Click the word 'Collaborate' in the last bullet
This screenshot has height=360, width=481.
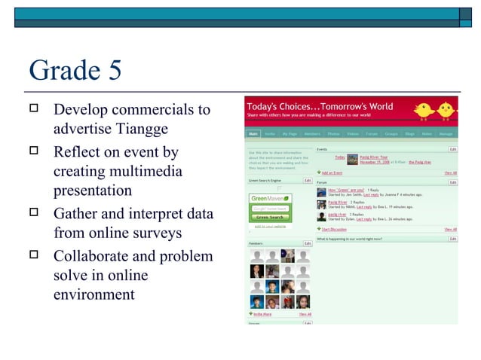(92, 256)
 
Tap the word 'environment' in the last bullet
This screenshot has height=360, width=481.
(93, 294)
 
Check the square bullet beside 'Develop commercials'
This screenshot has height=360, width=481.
(33, 108)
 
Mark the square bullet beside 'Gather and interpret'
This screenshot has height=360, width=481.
(33, 213)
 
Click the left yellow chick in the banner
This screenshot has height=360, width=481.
(422, 111)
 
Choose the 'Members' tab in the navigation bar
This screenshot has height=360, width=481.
(311, 134)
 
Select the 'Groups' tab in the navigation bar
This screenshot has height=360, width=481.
(391, 134)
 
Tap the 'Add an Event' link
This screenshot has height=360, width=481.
(331, 173)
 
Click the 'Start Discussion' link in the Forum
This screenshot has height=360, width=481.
(333, 229)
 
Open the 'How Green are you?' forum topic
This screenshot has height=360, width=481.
(346, 190)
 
